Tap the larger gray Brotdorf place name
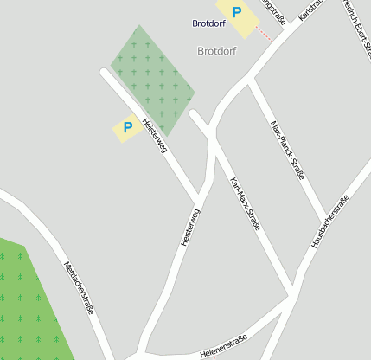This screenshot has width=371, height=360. click(216, 51)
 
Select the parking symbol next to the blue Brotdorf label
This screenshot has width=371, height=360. click(237, 13)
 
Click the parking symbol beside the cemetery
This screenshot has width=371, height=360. click(128, 128)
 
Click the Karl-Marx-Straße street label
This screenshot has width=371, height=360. click(245, 203)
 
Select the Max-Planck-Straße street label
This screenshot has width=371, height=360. click(288, 150)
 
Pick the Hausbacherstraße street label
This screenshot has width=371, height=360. click(330, 222)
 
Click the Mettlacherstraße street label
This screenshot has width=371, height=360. click(80, 287)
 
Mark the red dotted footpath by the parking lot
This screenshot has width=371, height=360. click(265, 35)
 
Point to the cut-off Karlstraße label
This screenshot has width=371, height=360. click(310, 10)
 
